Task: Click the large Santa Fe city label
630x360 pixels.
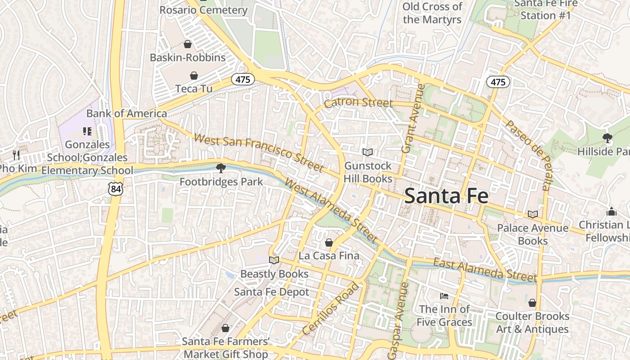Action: (x=446, y=196)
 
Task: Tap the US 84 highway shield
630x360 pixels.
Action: (x=116, y=189)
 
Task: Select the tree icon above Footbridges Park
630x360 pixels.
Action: (x=220, y=168)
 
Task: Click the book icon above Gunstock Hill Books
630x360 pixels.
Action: (x=368, y=153)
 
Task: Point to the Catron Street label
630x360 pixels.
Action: (x=358, y=103)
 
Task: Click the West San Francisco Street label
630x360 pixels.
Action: (x=259, y=153)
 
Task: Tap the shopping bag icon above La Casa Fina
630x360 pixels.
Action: (x=329, y=243)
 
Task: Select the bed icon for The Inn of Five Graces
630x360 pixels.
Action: (x=444, y=296)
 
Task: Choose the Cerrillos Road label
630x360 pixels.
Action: (x=331, y=309)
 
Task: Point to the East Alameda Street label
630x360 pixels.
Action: (x=485, y=270)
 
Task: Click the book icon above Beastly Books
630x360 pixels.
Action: (x=274, y=260)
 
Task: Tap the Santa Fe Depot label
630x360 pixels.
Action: (x=271, y=292)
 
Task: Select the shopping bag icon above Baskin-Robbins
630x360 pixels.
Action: (x=188, y=44)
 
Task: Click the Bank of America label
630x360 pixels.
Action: (x=126, y=113)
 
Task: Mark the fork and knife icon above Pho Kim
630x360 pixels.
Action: (x=16, y=155)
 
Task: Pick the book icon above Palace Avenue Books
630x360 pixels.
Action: (x=533, y=215)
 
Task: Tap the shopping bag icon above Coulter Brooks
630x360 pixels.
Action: (x=532, y=303)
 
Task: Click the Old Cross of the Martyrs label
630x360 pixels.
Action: (x=432, y=13)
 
